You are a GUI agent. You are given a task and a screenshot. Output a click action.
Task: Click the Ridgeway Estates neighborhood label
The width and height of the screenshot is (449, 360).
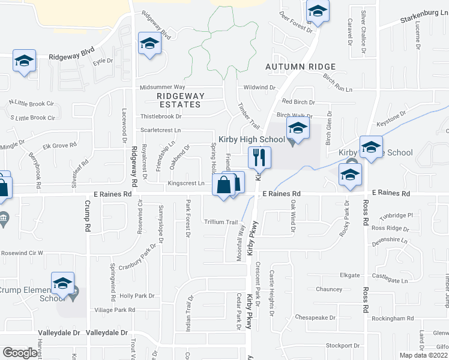(180, 100)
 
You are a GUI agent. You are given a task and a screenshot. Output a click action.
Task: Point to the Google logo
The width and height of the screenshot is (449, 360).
(20, 353)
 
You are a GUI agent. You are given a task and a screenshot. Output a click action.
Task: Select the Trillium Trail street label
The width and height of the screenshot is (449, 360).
(220, 222)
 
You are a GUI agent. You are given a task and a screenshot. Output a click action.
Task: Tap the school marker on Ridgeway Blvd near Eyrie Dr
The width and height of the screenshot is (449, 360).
(25, 61)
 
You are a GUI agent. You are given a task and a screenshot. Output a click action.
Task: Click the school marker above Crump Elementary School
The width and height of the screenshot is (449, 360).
(63, 284)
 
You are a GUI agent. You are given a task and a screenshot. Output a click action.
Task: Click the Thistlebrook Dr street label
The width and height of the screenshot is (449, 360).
(161, 116)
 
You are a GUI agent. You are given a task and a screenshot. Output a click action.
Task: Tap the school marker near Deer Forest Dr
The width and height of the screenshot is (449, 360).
(317, 11)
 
